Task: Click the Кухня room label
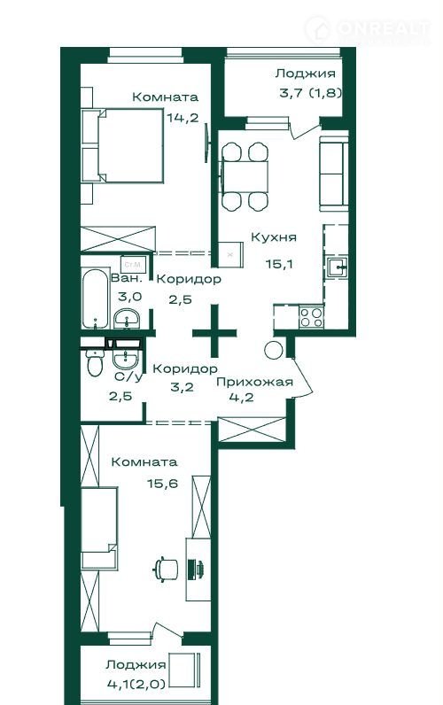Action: (274, 237)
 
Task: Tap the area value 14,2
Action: (183, 118)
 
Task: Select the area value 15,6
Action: (162, 484)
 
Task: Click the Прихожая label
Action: (254, 383)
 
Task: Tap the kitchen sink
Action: (336, 268)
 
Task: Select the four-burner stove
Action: (312, 316)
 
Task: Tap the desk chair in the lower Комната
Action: (166, 569)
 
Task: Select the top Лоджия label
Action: (306, 74)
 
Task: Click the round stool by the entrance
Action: (274, 349)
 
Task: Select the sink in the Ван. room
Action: (127, 319)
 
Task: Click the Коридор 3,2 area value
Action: (183, 387)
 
